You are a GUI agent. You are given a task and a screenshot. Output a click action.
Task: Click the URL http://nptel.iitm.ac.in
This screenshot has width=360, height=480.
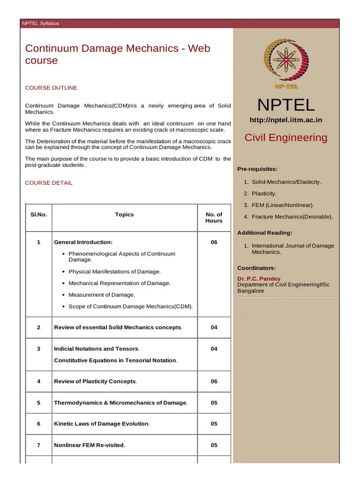tap(286, 120)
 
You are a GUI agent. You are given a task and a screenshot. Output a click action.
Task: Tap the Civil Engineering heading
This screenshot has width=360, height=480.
tap(286, 137)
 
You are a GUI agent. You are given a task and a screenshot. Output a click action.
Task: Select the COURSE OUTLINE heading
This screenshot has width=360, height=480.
tap(51, 88)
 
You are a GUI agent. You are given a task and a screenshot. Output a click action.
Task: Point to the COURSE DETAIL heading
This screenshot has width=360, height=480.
tap(49, 183)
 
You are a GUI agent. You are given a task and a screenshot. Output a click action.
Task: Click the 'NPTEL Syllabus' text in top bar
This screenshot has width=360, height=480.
tap(41, 23)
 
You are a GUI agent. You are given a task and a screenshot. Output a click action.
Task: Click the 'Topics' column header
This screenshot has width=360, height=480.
tap(124, 215)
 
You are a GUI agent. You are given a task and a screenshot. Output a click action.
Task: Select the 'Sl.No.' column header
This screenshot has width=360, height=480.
tap(38, 215)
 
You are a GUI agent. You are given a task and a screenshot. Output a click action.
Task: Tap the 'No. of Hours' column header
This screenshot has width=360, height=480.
tap(214, 217)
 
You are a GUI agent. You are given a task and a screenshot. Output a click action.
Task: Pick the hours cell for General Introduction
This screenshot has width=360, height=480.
tap(214, 242)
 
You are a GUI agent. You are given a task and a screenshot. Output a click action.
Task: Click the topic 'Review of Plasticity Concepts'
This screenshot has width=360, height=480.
tap(95, 382)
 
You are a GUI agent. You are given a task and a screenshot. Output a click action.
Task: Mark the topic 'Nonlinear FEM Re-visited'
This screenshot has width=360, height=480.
tap(89, 445)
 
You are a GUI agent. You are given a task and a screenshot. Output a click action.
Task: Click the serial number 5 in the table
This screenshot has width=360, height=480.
tap(38, 403)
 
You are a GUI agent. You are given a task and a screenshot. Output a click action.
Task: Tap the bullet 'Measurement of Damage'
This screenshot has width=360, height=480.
tap(101, 295)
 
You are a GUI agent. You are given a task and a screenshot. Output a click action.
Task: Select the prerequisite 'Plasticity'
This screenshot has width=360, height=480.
tap(264, 194)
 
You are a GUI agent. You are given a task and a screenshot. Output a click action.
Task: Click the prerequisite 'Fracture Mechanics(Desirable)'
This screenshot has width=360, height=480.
tap(292, 217)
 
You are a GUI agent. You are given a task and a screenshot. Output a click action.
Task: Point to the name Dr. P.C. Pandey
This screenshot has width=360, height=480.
tap(259, 279)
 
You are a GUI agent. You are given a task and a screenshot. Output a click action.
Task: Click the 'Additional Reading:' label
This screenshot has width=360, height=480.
tap(265, 233)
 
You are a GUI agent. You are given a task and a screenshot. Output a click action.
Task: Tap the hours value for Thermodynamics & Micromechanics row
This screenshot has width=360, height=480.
tap(214, 403)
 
